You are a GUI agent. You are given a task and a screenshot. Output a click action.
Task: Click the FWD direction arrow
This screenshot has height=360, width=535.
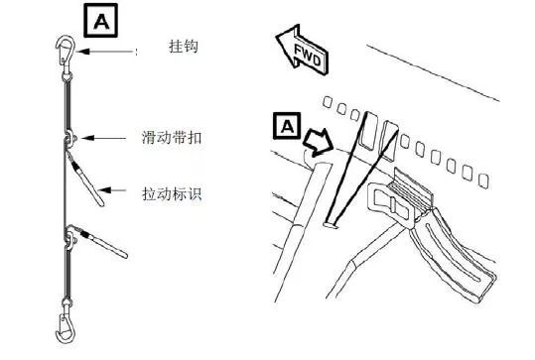[302, 49]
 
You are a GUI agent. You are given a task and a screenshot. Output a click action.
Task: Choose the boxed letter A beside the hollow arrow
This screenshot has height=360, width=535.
[285, 126]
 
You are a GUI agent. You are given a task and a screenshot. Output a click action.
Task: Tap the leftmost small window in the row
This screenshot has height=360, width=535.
[334, 104]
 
